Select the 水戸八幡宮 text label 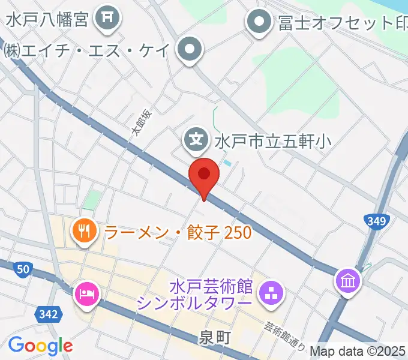click(x=48, y=19)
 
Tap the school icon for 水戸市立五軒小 click(x=196, y=140)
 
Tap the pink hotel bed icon click(x=84, y=294)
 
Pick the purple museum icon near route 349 click(x=349, y=280)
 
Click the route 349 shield click(x=377, y=221)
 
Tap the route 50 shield click(x=23, y=270)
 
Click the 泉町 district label click(x=215, y=338)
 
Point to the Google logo click(x=41, y=346)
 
